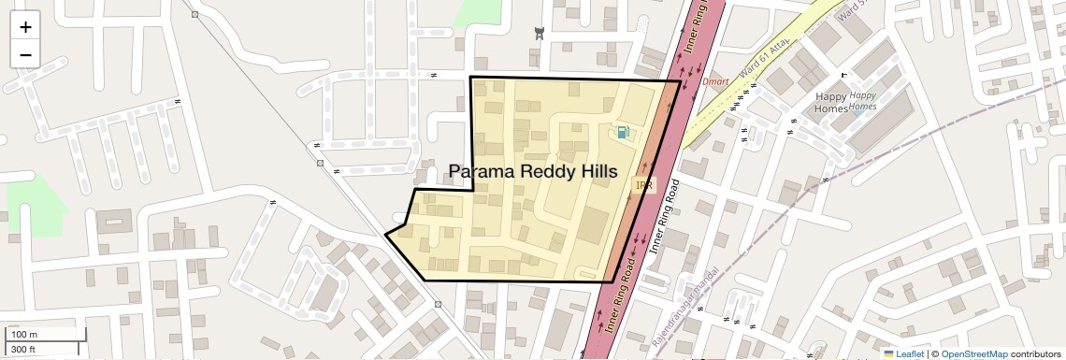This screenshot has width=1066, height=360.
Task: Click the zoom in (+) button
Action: tap(25, 27)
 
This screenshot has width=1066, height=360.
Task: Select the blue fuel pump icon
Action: tap(623, 133)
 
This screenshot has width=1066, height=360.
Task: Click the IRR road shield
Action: tap(644, 186)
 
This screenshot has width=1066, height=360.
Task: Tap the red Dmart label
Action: tap(715, 82)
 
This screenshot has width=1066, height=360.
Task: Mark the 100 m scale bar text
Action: tap(24, 334)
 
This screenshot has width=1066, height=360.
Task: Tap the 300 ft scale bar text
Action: tap(23, 350)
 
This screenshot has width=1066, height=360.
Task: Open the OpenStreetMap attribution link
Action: tap(973, 353)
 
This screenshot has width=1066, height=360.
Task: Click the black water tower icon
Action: tap(539, 35)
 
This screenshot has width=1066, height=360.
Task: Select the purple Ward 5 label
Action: tap(847, 12)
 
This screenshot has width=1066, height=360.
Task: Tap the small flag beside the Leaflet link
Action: tap(888, 353)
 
